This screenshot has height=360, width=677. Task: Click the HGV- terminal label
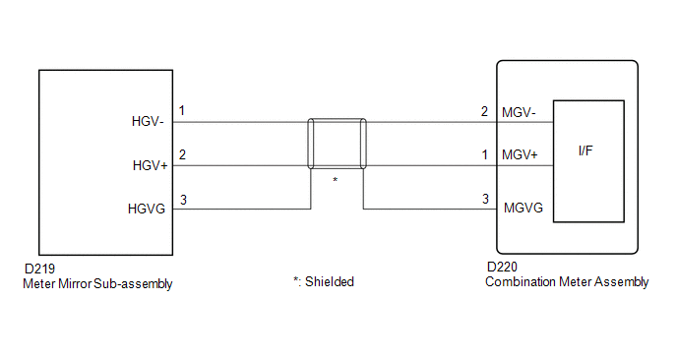pos(148,122)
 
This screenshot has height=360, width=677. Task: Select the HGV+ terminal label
pos(150,166)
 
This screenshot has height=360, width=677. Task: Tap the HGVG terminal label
pos(147,210)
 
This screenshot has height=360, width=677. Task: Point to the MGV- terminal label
pos(519,113)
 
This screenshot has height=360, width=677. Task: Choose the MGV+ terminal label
pos(520,155)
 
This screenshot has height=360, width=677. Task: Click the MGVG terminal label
pos(523,209)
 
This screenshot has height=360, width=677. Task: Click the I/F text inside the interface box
pos(585,150)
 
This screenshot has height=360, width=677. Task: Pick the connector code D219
pos(39,269)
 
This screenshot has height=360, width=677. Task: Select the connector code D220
pos(502,268)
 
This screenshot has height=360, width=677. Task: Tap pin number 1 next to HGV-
pos(182,111)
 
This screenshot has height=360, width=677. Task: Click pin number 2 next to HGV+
pos(182,155)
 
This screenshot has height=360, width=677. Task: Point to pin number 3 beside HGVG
pos(183,201)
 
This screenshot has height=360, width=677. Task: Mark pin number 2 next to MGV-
pos(484,112)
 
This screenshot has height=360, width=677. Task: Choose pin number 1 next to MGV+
pos(485,155)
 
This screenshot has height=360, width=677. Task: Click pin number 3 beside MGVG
pos(485,199)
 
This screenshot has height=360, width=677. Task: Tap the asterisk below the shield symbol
pos(335,179)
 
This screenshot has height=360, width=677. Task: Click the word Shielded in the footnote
pos(330,282)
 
